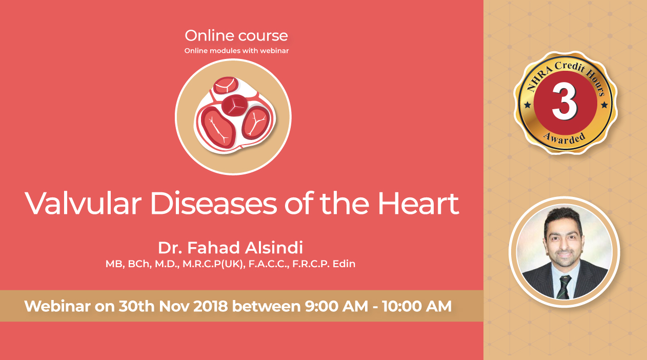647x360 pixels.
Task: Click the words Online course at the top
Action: coord(236,36)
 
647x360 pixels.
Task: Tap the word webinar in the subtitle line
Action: coord(274,51)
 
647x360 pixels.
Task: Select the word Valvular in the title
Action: coord(83,203)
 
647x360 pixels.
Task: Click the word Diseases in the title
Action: coord(213,203)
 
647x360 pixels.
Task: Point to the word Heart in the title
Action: coord(418,204)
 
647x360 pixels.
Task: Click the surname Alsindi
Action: coord(274,248)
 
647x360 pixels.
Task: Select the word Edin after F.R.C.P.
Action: coord(343,264)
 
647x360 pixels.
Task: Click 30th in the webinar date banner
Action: coord(136,306)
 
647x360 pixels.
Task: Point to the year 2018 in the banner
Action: coord(210,306)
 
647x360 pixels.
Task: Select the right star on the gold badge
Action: coord(604,105)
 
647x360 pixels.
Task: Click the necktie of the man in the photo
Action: coord(563,287)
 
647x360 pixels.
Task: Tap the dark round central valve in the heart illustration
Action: coord(234,105)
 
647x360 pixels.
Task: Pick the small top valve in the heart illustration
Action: coord(226,86)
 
